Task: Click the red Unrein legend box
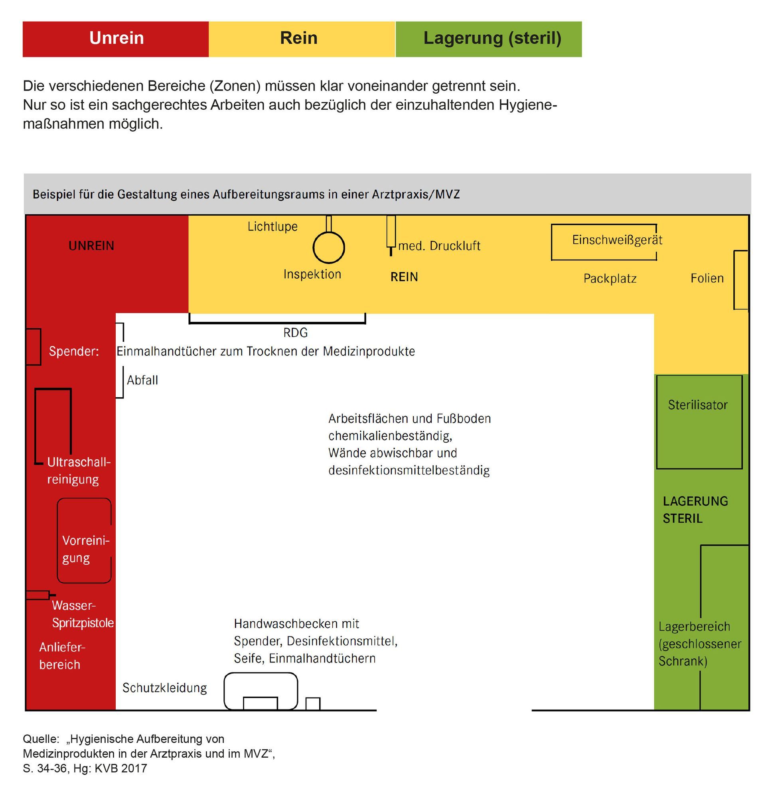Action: pyautogui.click(x=116, y=39)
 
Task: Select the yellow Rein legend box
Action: pyautogui.click(x=302, y=39)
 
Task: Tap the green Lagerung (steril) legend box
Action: pyautogui.click(x=489, y=39)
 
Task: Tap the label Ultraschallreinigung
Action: pyautogui.click(x=79, y=471)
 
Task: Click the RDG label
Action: pyautogui.click(x=296, y=333)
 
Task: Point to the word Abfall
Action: pyautogui.click(x=142, y=380)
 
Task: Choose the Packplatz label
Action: pyautogui.click(x=610, y=278)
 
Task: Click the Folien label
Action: pyautogui.click(x=707, y=278)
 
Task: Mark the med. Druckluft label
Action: pyautogui.click(x=439, y=246)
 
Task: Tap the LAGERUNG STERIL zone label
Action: pyautogui.click(x=695, y=510)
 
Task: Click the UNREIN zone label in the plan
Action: pyautogui.click(x=91, y=246)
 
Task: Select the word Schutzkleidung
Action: pyautogui.click(x=164, y=688)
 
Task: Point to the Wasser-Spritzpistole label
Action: pyautogui.click(x=83, y=614)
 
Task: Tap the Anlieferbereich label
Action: pyautogui.click(x=62, y=656)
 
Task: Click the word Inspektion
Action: pyautogui.click(x=312, y=274)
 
